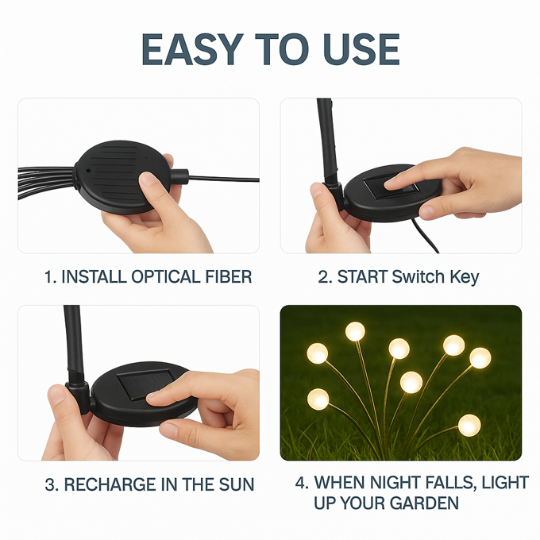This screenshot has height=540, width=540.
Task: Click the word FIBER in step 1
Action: pos(229,276)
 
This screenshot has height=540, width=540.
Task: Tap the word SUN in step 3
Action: pos(237,484)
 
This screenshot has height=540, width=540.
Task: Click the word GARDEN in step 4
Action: pos(424,503)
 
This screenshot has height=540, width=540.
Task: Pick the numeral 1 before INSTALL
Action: pos(48,276)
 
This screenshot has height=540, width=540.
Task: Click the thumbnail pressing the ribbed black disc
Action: pos(148,179)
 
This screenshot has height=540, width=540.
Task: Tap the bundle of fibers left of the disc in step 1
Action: pos(46,182)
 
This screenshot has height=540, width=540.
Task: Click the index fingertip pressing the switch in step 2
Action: pos(391,185)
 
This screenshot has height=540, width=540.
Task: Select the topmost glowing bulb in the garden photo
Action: pos(355,331)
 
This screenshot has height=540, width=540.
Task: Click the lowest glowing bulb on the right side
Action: pos(469,426)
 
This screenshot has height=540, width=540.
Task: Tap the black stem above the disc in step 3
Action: pos(75,345)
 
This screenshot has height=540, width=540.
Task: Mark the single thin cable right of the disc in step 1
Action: pos(223,179)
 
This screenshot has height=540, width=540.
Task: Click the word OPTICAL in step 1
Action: pos(166,276)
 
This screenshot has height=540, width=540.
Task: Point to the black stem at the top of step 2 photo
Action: pos(327,141)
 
